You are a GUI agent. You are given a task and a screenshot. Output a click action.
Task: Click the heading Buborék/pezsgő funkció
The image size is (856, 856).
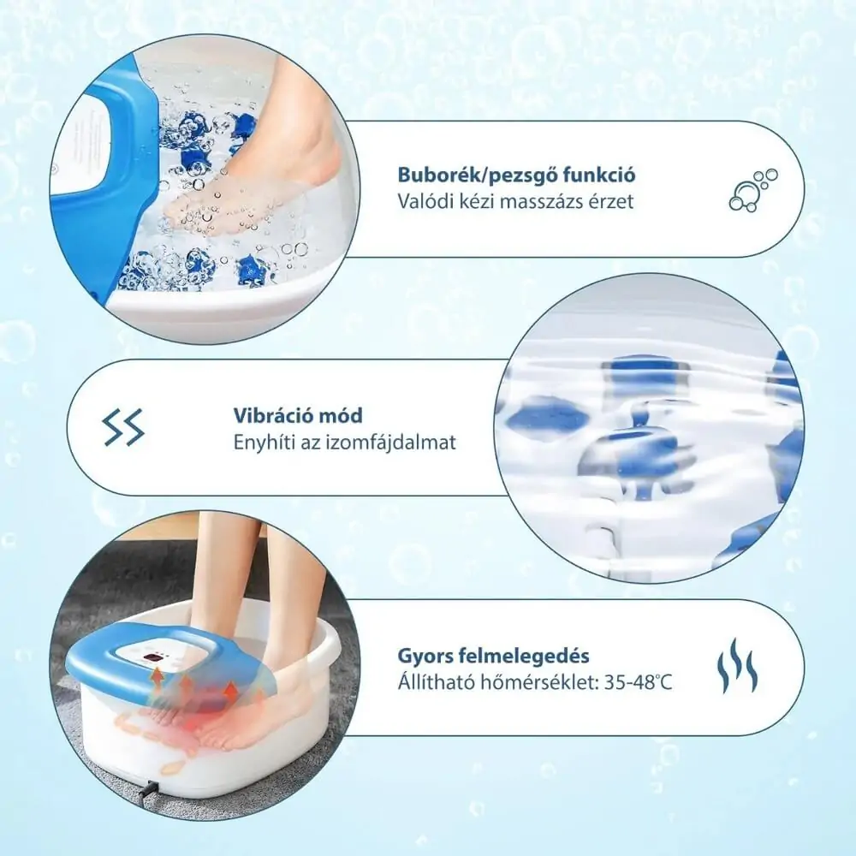point(516,175)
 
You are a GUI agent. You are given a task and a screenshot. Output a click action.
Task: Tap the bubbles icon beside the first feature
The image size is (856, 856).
point(753,189)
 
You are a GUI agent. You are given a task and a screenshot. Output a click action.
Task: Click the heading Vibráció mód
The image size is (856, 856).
point(298,415)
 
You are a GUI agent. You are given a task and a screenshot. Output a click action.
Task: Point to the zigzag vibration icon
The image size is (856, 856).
point(124,427)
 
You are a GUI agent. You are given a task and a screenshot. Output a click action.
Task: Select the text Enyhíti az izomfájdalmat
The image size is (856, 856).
point(345,443)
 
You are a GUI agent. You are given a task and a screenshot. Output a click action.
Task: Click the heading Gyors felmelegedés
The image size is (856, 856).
point(493,656)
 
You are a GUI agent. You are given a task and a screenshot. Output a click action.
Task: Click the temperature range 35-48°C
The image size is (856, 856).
point(639,683)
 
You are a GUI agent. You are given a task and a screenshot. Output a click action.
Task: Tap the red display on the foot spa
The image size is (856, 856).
point(156,658)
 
